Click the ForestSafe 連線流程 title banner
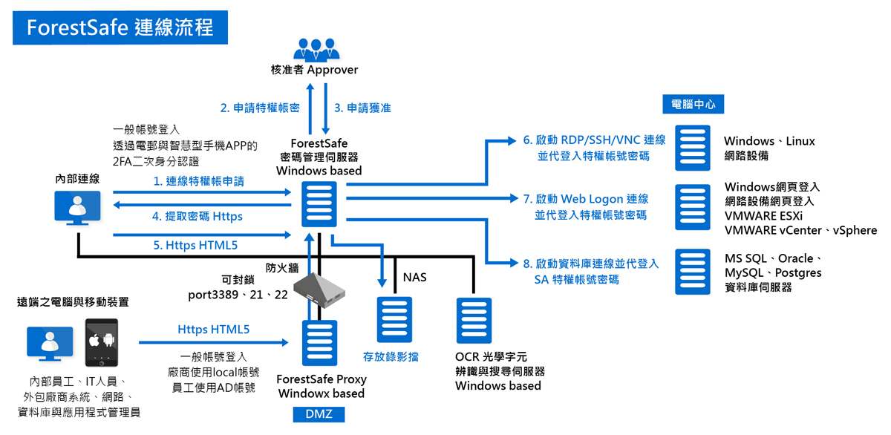tap(120, 27)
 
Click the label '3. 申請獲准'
tap(362, 108)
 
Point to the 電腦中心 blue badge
tap(693, 105)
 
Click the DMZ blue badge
tap(319, 414)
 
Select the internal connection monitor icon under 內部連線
tap(78, 206)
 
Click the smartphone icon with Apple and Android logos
tap(102, 342)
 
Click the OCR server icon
tap(475, 321)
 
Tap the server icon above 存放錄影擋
tap(394, 319)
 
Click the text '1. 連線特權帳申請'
tap(199, 180)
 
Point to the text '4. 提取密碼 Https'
tap(197, 217)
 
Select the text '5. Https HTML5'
tap(196, 244)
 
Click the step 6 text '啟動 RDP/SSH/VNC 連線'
tap(601, 140)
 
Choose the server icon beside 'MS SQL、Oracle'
tap(692, 272)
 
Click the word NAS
tap(414, 278)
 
